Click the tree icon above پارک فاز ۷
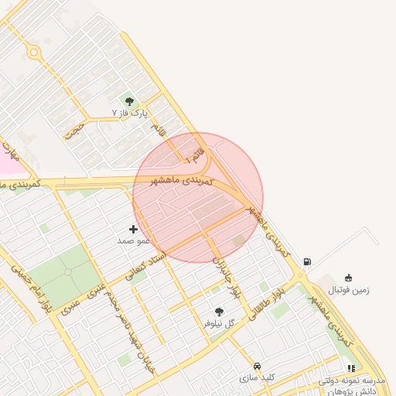tap(128, 101)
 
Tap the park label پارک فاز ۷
tap(129, 114)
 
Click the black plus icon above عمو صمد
tap(133, 229)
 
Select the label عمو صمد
tap(133, 241)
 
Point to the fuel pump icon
tap(308, 262)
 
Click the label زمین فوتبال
tap(349, 290)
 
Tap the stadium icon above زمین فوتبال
tap(348, 278)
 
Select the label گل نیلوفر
tap(218, 323)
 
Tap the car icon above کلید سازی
tap(257, 366)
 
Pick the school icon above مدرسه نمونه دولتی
tap(352, 369)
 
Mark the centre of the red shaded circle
tap(198, 198)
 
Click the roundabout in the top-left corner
tap(33, 53)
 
